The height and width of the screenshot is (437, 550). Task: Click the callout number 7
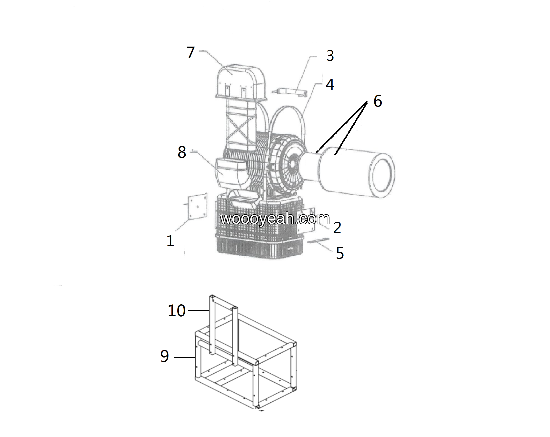point(190,53)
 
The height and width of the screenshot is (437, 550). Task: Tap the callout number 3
point(330,56)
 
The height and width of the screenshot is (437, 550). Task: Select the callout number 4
point(330,85)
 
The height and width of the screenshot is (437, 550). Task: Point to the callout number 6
point(378,101)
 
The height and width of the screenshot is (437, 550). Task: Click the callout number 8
point(182,152)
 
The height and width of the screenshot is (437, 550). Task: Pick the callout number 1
point(170,241)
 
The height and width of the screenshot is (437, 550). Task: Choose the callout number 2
point(337,228)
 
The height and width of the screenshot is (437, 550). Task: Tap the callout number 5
point(340,253)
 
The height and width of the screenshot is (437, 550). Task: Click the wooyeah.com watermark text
point(275,219)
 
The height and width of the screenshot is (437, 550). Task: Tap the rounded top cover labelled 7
point(241,81)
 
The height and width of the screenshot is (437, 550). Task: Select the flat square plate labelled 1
point(197,207)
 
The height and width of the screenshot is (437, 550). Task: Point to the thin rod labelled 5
point(318,240)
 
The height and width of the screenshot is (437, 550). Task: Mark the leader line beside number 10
point(199,310)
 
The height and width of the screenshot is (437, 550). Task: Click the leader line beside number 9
point(185,357)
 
